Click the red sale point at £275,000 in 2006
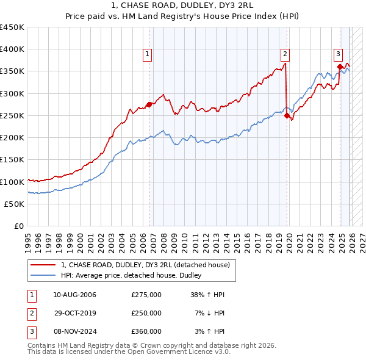point(149,104)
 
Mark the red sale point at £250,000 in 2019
point(287,115)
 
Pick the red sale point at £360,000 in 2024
point(340,67)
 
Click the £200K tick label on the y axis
point(12,137)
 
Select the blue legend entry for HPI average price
point(135,276)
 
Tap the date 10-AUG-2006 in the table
point(74,295)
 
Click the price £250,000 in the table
point(146,313)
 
